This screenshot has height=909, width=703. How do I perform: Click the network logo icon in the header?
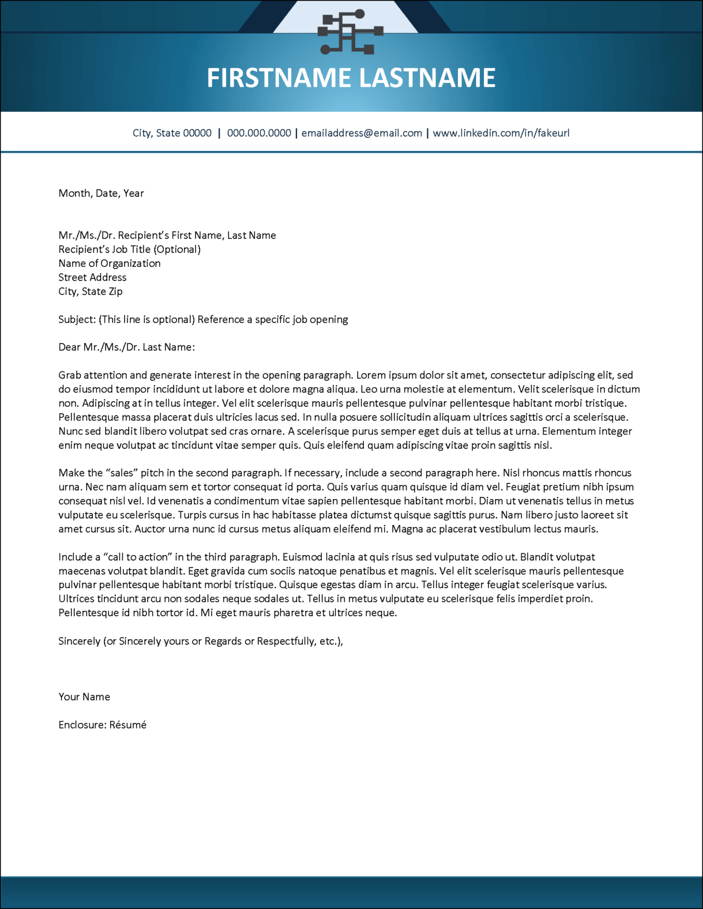350,32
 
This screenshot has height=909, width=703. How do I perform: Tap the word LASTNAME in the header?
427,78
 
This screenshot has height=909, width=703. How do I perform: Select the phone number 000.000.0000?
259,133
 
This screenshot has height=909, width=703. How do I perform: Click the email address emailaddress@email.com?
362,133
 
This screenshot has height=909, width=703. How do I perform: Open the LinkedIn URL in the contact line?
501,133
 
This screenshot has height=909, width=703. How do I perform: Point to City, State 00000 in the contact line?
172,133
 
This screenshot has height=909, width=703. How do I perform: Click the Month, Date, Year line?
101,194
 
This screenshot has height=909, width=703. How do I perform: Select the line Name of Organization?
109,263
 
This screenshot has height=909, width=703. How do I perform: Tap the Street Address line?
92,278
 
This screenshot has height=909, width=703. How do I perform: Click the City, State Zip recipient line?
91,292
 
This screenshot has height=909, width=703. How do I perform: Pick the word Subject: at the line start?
77,320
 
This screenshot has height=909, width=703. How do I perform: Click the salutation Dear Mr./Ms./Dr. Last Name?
127,347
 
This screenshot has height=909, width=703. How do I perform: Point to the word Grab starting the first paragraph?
70,375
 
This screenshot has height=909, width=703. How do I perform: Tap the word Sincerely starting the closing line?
79,642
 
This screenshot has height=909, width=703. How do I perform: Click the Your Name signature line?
84,697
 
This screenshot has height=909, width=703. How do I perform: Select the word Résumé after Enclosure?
128,725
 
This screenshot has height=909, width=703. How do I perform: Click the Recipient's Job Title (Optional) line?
130,250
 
